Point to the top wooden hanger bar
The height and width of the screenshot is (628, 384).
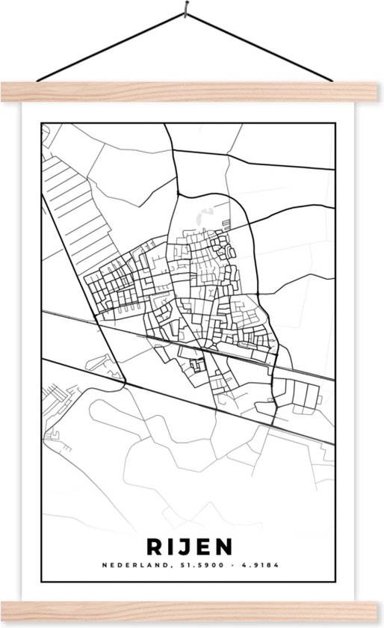coord(191,92)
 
